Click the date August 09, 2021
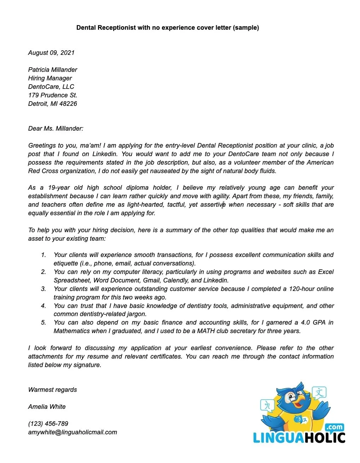point(51,53)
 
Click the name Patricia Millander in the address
point(52,70)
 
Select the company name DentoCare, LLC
point(51,87)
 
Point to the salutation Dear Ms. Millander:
point(56,128)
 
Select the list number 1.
point(43,255)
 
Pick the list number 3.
point(43,289)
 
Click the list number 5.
point(43,322)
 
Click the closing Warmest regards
point(52,390)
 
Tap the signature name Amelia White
point(47,407)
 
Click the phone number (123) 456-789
point(48,424)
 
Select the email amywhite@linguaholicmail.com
point(72,432)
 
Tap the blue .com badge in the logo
point(335,427)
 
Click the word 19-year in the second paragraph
point(59,188)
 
